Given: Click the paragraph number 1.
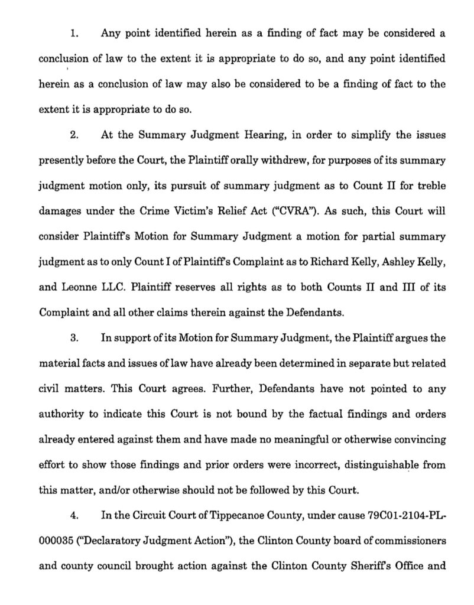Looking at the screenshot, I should click(74, 34).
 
